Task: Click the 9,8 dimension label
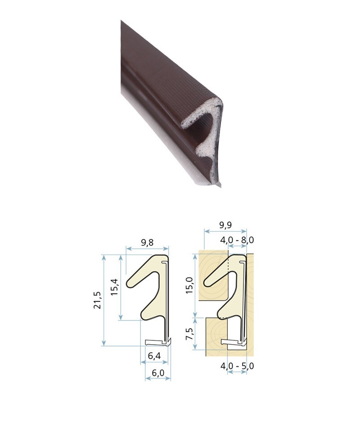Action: [x=147, y=243]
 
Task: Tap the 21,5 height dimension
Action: [x=97, y=301]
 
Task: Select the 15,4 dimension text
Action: [x=115, y=287]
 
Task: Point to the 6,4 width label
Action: [x=154, y=356]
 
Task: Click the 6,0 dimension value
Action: [x=158, y=373]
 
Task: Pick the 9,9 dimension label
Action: [x=225, y=225]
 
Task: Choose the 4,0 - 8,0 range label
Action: [x=237, y=240]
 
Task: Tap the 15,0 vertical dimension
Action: [x=189, y=285]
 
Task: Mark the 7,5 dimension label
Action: [x=189, y=334]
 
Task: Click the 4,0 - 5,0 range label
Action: [x=237, y=366]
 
